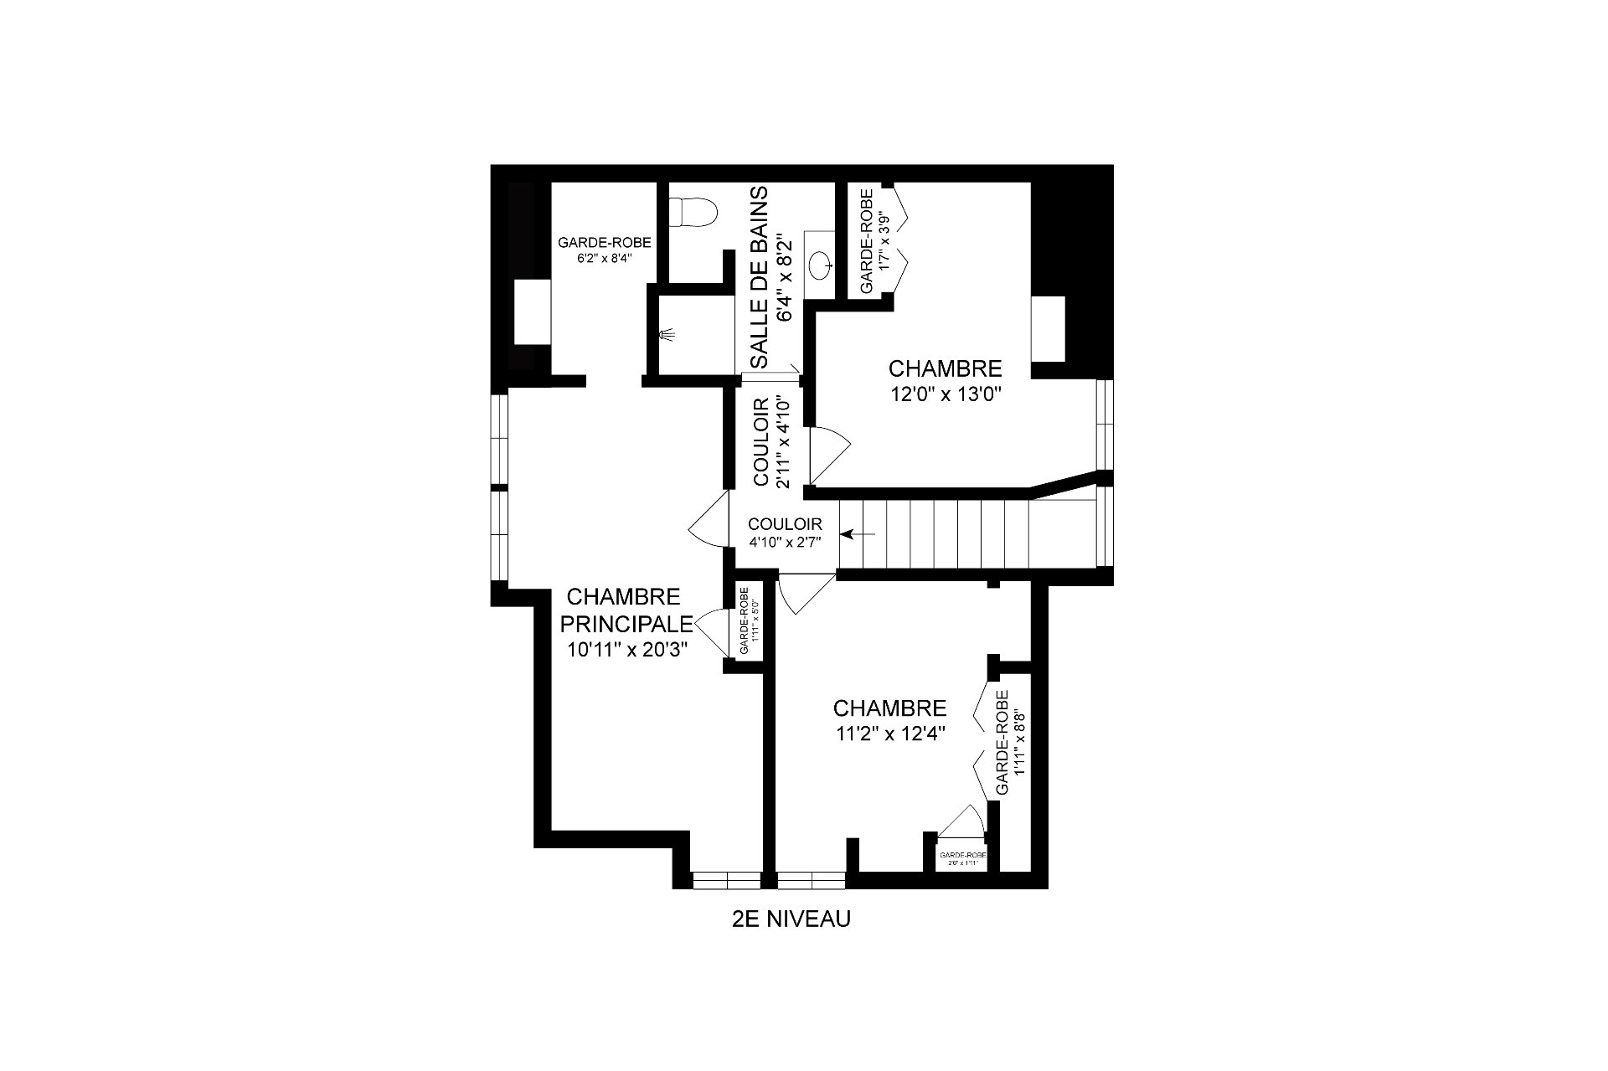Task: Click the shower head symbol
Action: (x=667, y=335)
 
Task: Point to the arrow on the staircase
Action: (x=858, y=533)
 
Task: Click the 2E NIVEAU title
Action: (x=791, y=919)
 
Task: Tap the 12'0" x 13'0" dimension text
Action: (x=945, y=394)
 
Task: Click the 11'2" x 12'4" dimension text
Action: (x=889, y=734)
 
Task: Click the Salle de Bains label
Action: (x=760, y=277)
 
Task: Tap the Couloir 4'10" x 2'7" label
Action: (x=785, y=533)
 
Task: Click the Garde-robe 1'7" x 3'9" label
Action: (x=874, y=240)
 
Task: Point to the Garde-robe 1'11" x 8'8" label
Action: (x=1010, y=744)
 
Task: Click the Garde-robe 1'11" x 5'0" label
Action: (x=749, y=620)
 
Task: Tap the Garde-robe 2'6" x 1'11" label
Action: (x=962, y=858)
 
